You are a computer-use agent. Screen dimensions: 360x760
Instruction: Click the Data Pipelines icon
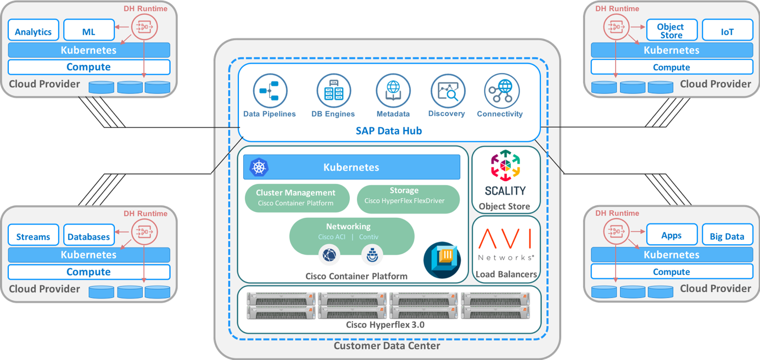[270, 91]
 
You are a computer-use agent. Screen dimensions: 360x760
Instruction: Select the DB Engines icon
[333, 91]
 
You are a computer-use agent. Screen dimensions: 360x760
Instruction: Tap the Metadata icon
[393, 91]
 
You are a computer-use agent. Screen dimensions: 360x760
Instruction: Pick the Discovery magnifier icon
[448, 91]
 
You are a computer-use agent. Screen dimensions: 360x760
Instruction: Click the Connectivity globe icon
[501, 91]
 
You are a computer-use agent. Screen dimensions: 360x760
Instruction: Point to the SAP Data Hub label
[389, 131]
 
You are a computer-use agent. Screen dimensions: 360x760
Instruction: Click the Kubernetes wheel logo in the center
[259, 167]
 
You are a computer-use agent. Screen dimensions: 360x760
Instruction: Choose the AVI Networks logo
[505, 244]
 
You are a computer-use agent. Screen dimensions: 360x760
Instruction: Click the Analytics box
[33, 31]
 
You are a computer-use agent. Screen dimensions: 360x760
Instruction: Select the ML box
[88, 31]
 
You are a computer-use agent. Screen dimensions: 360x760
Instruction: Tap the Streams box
[33, 237]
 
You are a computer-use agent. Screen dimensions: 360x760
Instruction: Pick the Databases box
[88, 237]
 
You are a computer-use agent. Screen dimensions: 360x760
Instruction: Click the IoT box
[727, 31]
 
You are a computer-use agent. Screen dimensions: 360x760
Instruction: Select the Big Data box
[727, 236]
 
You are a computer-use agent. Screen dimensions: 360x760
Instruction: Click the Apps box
[671, 235]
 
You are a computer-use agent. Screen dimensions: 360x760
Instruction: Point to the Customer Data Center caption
[387, 346]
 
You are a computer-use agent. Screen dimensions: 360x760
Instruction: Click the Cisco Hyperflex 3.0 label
[385, 325]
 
